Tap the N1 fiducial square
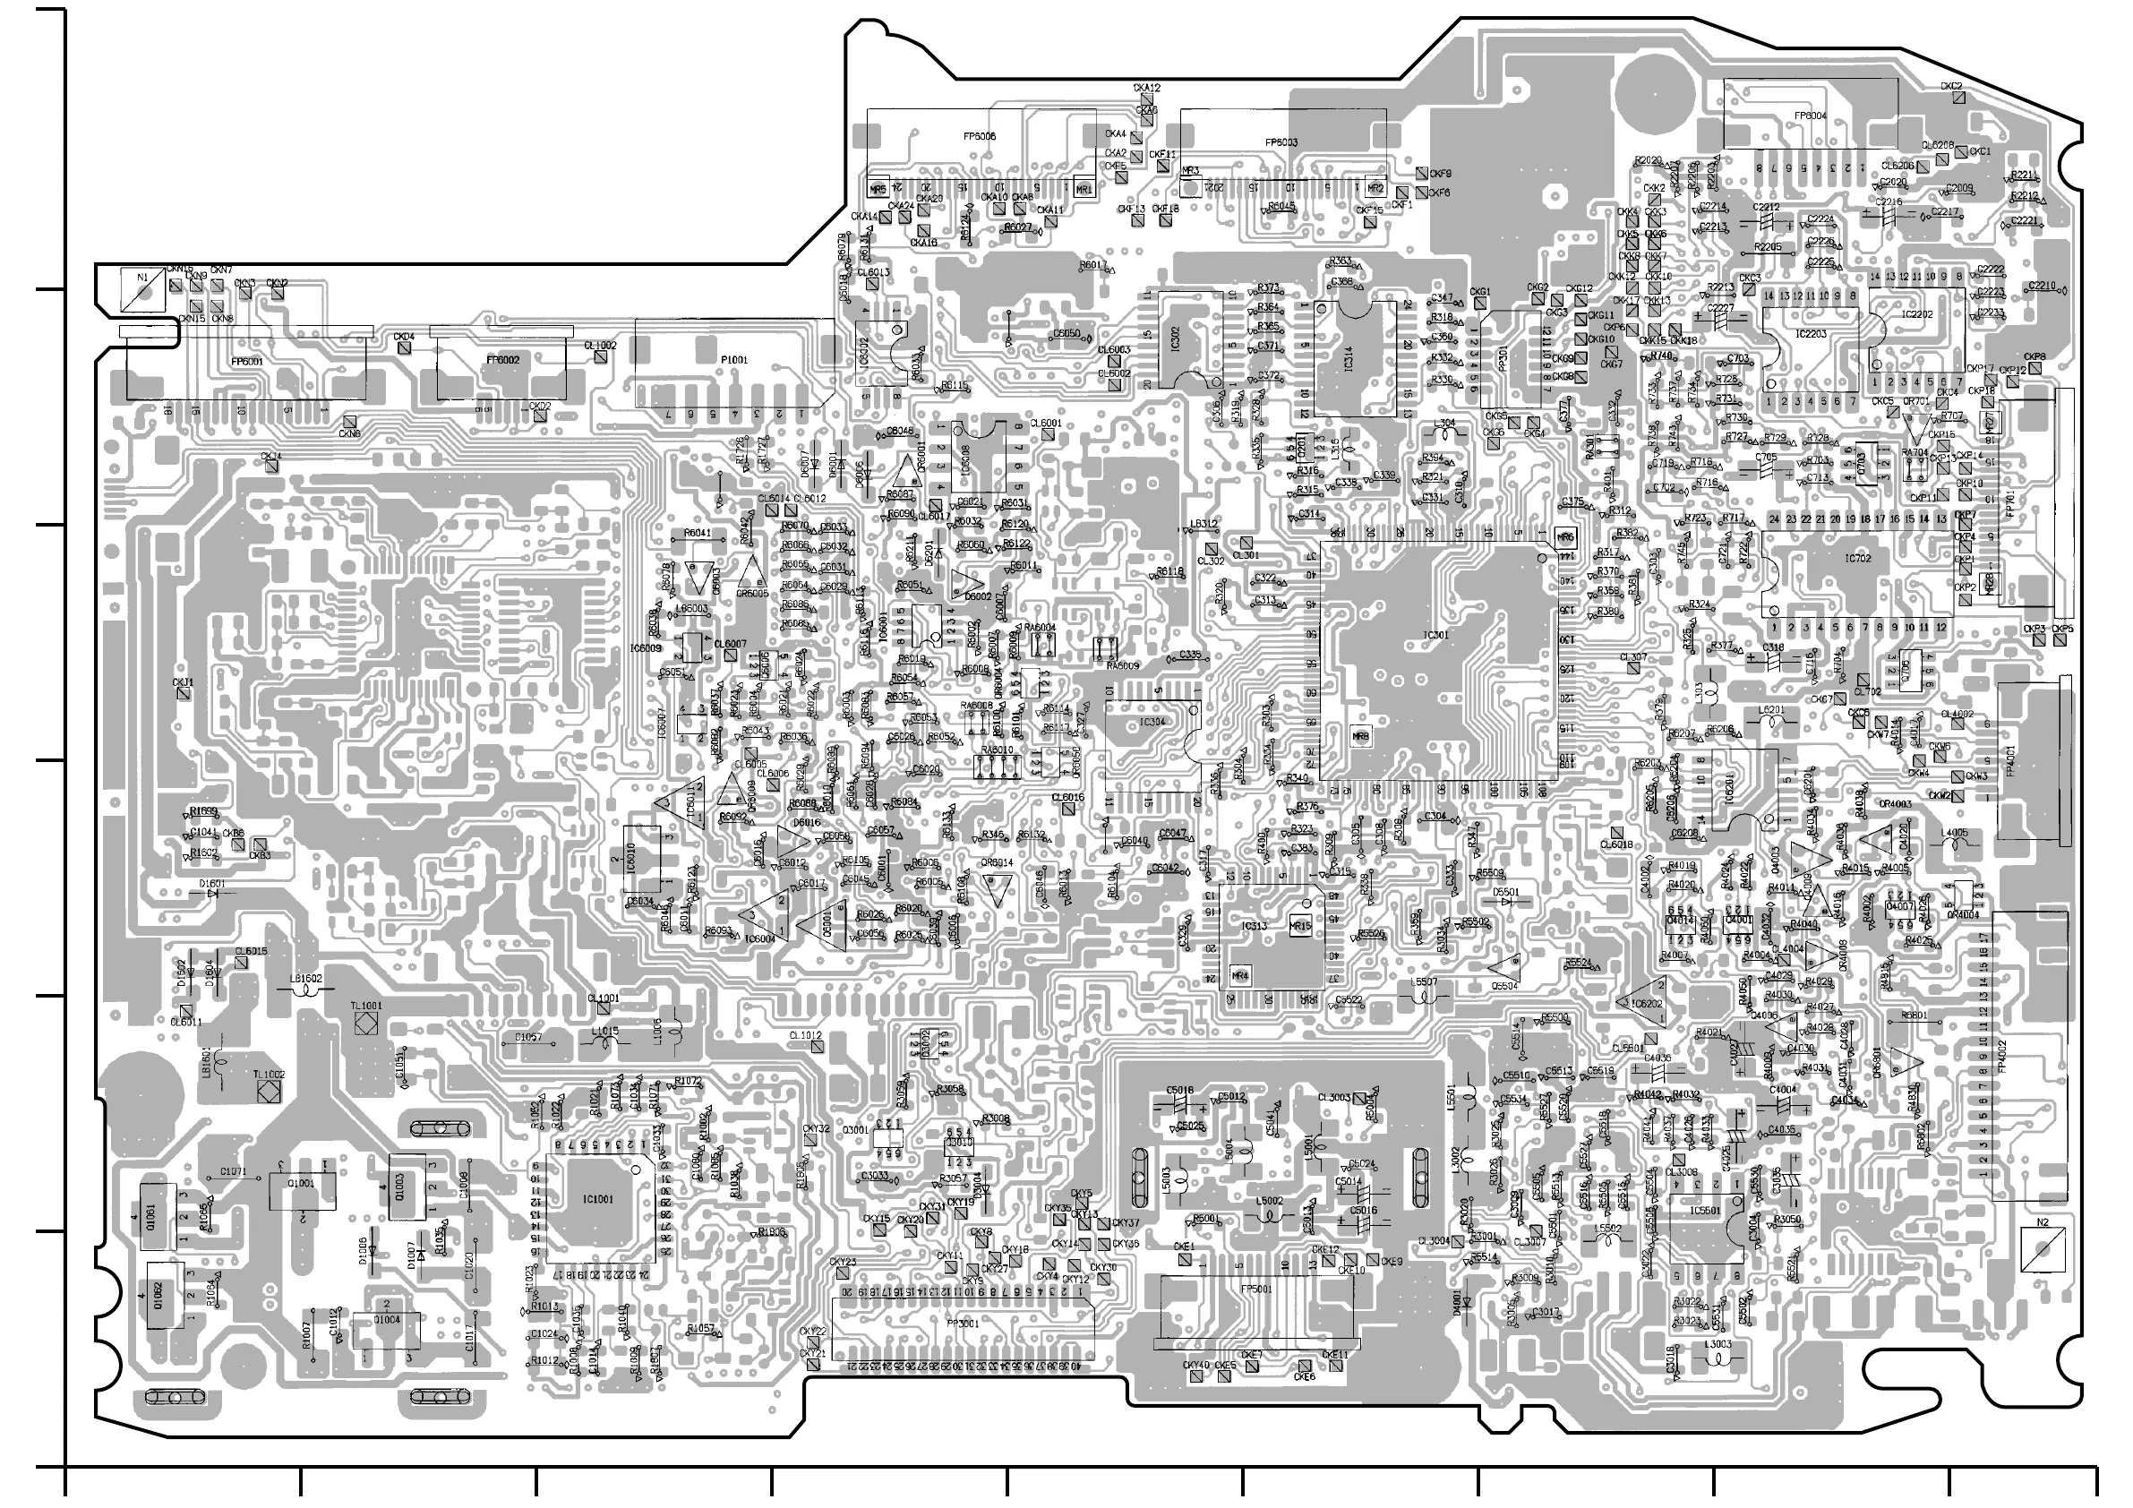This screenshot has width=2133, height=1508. click(x=142, y=289)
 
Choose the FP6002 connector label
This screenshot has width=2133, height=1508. click(x=502, y=360)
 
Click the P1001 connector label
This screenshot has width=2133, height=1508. click(x=734, y=360)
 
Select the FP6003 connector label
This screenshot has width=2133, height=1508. click(x=1281, y=142)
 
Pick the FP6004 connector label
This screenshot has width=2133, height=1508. click(x=1810, y=116)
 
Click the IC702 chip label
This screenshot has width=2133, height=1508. click(x=1858, y=559)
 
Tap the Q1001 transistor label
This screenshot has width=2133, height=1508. click(x=302, y=1184)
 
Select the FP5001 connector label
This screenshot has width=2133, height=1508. click(x=1256, y=1290)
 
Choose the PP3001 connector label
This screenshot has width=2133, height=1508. click(x=961, y=1322)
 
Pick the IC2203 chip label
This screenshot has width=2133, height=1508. click(x=1811, y=333)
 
